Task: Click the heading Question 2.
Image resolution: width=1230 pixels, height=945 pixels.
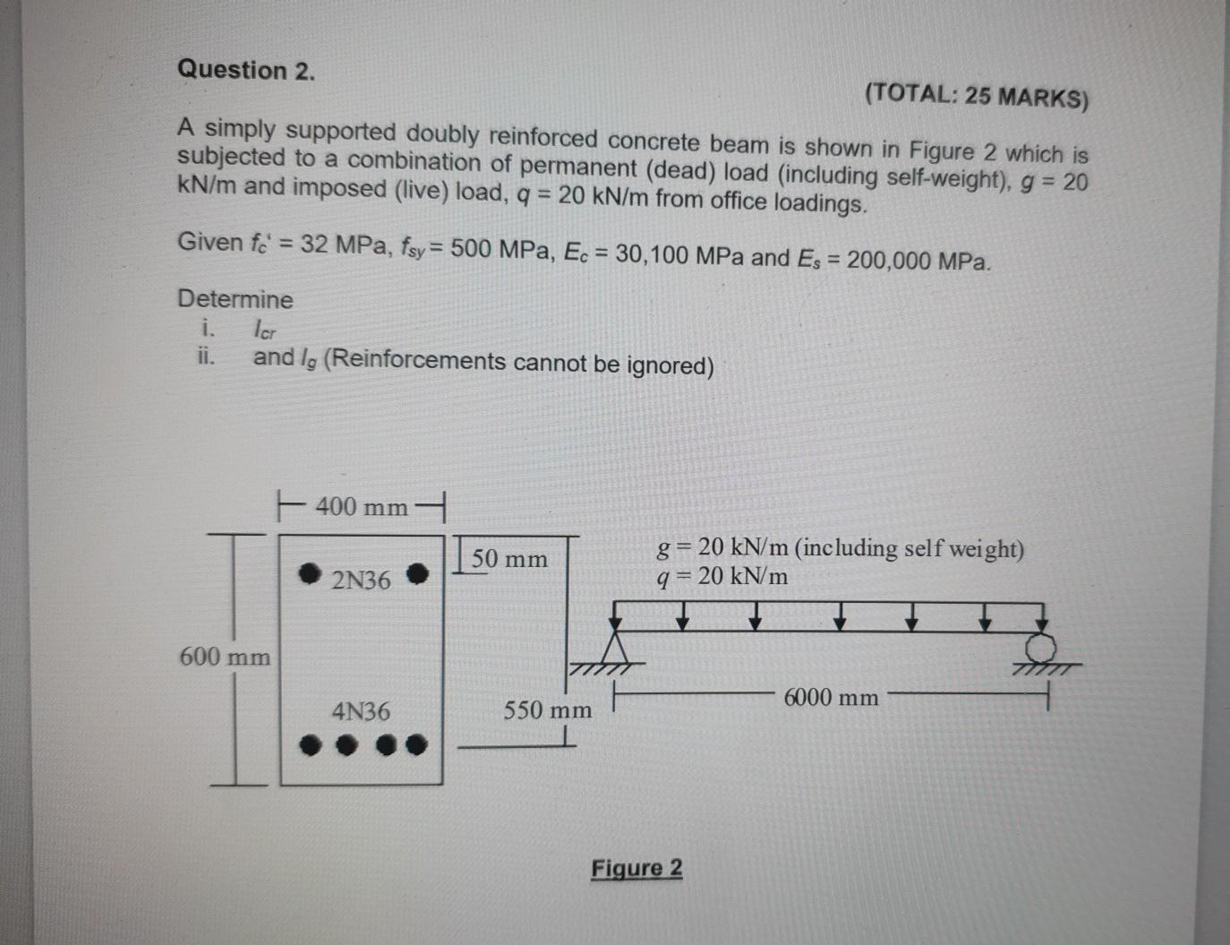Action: (x=246, y=70)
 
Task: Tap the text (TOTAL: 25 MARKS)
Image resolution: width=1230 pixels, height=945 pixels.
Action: (x=977, y=95)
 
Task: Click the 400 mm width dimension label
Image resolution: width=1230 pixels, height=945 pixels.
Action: (x=361, y=507)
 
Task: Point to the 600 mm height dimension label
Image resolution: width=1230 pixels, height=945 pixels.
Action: (x=225, y=657)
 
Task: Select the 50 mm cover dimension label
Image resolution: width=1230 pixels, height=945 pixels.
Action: (x=509, y=559)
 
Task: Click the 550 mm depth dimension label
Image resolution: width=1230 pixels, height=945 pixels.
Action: (x=547, y=711)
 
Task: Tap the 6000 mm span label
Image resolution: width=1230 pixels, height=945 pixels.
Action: (x=831, y=697)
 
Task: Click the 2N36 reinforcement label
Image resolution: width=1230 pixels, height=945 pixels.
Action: (x=361, y=580)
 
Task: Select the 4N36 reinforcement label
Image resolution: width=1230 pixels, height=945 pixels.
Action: (x=361, y=712)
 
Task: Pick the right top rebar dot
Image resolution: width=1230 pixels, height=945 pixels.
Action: (x=417, y=574)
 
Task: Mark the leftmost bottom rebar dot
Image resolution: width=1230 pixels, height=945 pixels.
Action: (x=310, y=744)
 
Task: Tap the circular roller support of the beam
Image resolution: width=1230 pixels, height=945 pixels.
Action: (x=1041, y=648)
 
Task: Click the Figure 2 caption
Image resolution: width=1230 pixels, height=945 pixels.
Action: (x=636, y=868)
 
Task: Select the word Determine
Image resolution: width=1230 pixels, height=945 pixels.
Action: (x=235, y=299)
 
